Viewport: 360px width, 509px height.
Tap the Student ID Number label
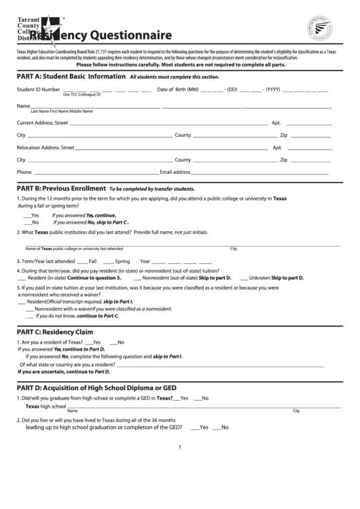(39, 90)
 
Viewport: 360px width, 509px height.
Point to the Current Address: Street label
(42, 123)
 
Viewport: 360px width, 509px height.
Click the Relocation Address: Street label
(46, 147)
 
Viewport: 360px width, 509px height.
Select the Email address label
(175, 172)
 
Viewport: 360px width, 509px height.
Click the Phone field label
(24, 172)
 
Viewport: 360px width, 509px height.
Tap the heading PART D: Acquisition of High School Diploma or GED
(96, 388)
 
